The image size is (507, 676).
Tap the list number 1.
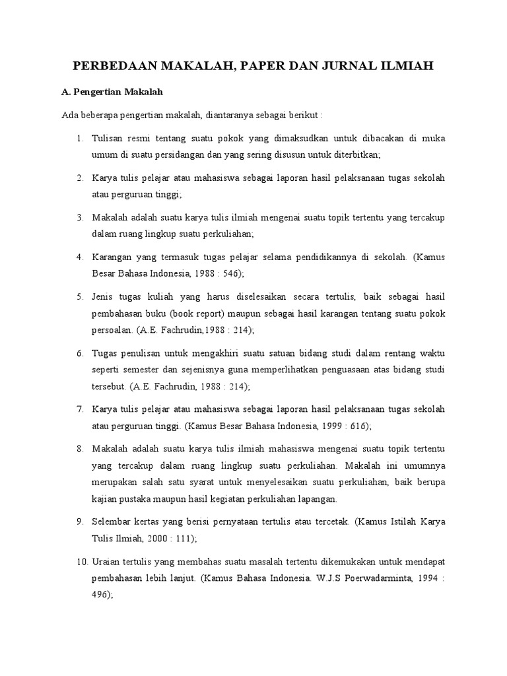79,138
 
